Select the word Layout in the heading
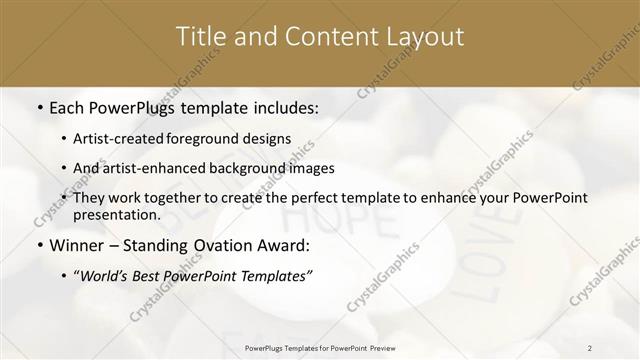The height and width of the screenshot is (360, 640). (419, 37)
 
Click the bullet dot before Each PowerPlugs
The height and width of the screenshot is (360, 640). (38, 107)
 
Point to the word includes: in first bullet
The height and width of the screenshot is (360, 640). (284, 107)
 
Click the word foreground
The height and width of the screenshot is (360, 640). (217, 138)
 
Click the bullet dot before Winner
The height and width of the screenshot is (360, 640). (38, 245)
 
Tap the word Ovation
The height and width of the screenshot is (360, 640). (221, 245)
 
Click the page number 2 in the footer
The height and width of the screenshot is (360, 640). (590, 347)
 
